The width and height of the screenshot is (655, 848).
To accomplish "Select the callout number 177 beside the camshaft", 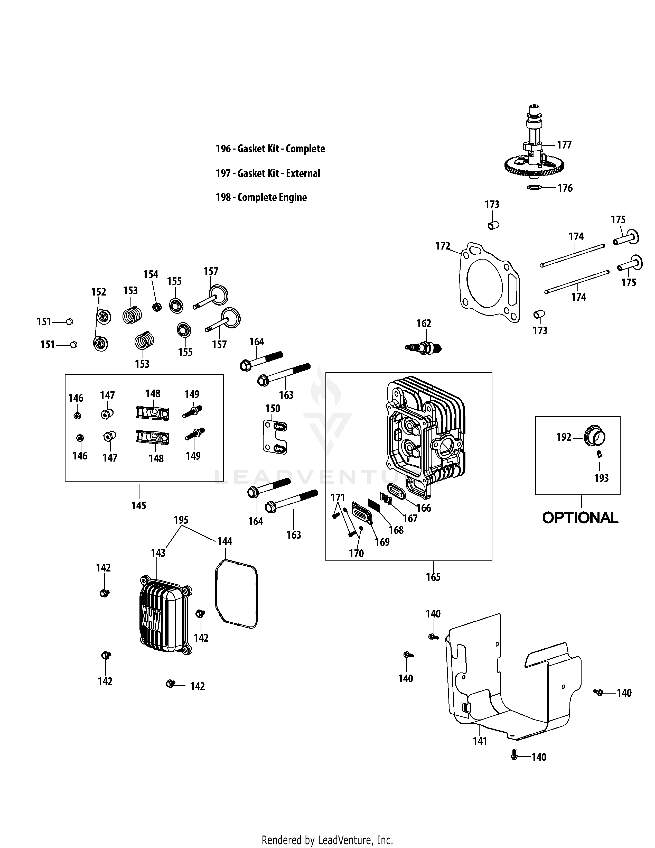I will point(564,145).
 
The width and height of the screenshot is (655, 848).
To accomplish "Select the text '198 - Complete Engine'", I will point(261,197).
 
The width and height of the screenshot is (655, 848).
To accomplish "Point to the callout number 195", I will point(181,520).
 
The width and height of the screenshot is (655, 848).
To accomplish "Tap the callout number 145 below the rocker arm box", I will point(138,505).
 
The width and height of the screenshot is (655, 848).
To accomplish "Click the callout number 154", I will point(151,274).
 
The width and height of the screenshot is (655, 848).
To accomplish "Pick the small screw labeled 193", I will point(600,453).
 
